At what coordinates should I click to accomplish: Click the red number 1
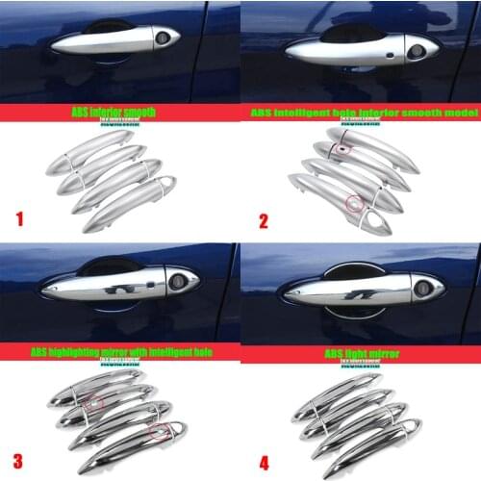point(18,218)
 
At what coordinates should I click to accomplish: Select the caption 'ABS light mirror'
point(359,353)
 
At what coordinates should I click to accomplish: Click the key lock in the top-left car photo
point(162,38)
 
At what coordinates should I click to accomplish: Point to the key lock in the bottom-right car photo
point(422,287)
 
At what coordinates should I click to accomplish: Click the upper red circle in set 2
point(343,149)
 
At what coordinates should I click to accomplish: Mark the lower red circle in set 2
point(356,203)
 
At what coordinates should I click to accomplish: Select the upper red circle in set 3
point(94,401)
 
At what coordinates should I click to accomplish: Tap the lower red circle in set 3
point(158,430)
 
